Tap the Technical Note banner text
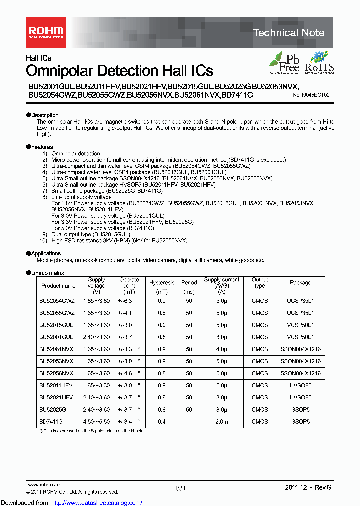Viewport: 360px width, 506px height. point(289,33)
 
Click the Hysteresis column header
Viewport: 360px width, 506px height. point(162,283)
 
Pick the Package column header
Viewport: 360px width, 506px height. point(300,283)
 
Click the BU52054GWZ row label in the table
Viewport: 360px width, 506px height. point(57,301)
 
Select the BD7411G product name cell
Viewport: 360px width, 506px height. point(51,422)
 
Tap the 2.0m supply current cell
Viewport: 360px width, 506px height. point(222,422)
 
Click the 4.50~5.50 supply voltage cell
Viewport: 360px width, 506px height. point(97,422)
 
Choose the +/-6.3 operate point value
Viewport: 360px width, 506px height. point(125,301)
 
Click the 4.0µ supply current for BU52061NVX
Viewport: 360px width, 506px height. point(222,349)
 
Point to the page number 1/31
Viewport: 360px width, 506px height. point(180,488)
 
